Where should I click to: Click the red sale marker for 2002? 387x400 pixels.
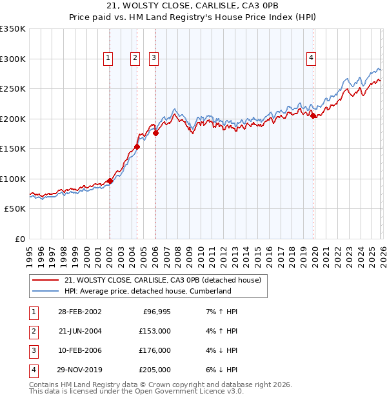(x=110, y=181)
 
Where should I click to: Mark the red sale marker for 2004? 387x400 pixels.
(x=137, y=147)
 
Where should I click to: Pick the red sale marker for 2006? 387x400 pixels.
(x=155, y=134)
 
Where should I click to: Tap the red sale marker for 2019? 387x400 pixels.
(x=313, y=116)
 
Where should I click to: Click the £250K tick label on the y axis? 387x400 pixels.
(x=13, y=89)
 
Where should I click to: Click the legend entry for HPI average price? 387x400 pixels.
(x=147, y=291)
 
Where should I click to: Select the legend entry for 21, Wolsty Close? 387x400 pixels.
(x=163, y=280)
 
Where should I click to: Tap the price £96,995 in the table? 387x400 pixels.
(x=155, y=312)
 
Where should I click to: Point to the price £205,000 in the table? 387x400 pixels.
(x=155, y=370)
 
